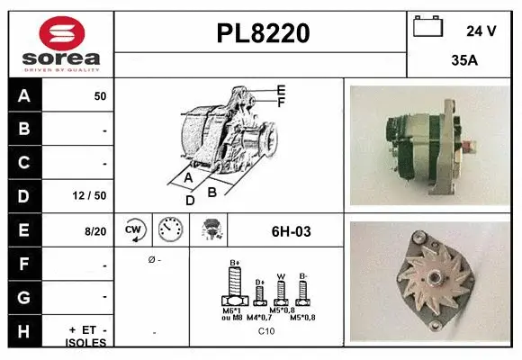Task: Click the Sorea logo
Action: coord(60,42)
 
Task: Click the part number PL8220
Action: coord(262,33)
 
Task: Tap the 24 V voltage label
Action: coord(481,31)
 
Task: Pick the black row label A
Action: coord(23,94)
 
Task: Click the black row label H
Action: coord(23,331)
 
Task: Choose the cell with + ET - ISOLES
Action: coord(87,336)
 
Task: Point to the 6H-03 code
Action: coord(291,231)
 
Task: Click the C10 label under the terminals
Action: coord(266,331)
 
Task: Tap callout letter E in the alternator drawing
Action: coord(281,89)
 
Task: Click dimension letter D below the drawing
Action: coord(190,200)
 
